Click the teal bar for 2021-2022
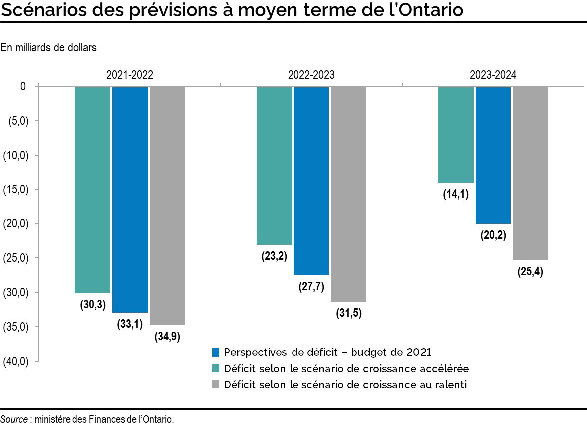(x=92, y=190)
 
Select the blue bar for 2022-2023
(x=311, y=181)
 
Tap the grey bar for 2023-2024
(x=530, y=173)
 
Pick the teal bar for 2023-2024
(x=456, y=135)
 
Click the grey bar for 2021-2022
(x=167, y=206)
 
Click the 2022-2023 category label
(x=311, y=75)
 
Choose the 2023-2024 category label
(x=493, y=75)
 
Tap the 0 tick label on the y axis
(x=23, y=87)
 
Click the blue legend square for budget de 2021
(x=216, y=352)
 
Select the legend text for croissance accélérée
(x=346, y=369)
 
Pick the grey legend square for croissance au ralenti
(x=216, y=385)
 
